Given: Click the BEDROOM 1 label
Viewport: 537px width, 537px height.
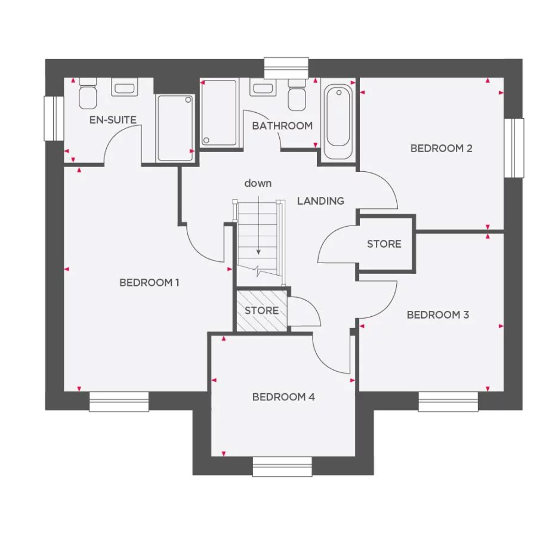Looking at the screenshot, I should (149, 282).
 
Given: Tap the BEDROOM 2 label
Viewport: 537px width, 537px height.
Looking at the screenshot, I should (441, 148).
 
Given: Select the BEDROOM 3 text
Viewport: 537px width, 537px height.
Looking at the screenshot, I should (437, 314).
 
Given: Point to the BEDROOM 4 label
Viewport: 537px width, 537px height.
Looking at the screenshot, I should (283, 397).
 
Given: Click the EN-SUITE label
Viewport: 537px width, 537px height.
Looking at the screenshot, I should (113, 120).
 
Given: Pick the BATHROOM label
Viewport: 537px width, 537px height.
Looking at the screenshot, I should (282, 126).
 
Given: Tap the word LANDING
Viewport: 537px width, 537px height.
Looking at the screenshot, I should (320, 201).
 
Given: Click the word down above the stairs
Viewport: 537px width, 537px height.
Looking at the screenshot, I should (258, 183).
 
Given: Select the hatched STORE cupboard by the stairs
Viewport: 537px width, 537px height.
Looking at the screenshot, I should (261, 310).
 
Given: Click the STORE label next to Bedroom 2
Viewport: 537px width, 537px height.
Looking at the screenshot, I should (384, 244).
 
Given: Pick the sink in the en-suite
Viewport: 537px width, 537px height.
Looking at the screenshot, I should (124, 89).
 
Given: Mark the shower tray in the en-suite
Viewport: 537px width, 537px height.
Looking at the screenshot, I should (175, 128).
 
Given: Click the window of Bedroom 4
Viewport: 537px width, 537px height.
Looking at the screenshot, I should (282, 467).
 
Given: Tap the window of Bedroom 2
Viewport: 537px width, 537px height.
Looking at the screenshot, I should (513, 148).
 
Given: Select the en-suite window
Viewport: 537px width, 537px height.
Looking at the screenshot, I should (54, 118).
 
